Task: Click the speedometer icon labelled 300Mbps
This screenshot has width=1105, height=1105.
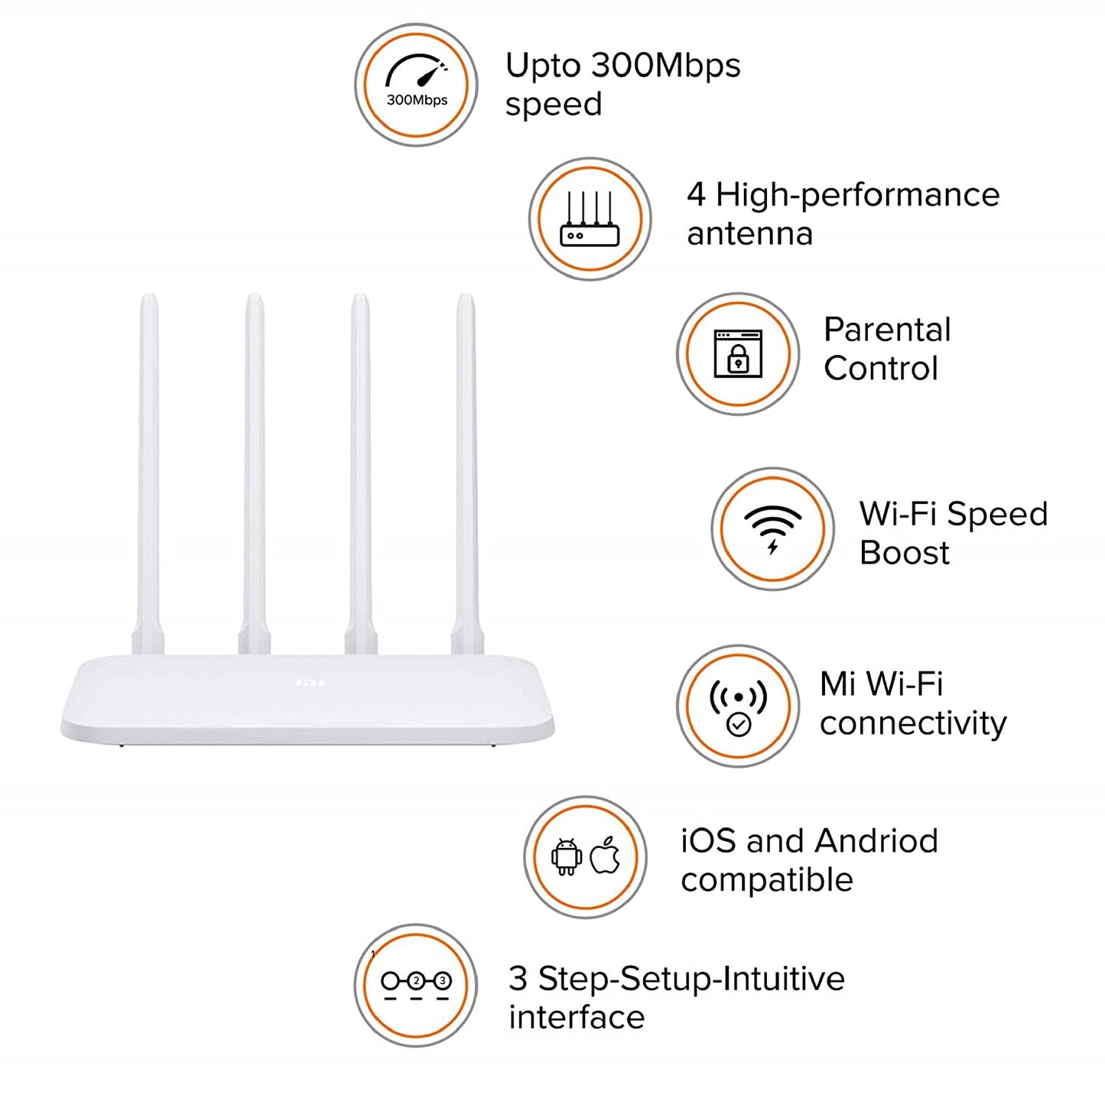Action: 416,84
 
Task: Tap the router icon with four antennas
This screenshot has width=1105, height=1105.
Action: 590,219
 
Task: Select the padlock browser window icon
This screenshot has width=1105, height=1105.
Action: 738,353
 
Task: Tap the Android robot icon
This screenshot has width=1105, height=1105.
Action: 567,856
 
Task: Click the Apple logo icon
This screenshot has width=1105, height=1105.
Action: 606,856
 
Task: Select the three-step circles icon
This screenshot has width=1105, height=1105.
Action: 416,984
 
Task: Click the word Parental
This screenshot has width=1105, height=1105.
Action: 887,330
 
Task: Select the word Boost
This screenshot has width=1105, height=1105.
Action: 904,553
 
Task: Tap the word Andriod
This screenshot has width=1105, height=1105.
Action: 876,841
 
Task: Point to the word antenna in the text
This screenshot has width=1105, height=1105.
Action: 749,234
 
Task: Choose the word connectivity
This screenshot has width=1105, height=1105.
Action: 913,723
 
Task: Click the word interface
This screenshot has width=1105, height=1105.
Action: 577,1018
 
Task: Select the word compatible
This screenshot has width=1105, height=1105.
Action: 767,880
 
